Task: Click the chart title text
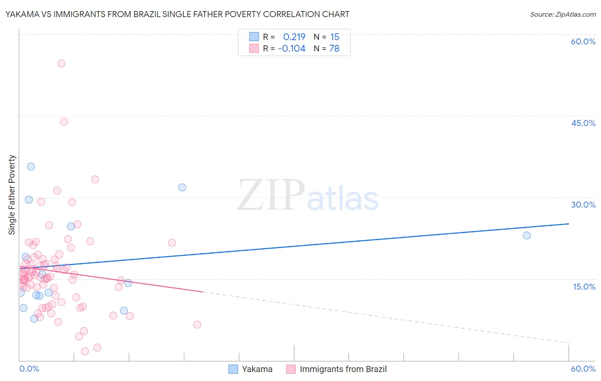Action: pos(177,15)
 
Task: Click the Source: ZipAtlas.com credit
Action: pos(563,15)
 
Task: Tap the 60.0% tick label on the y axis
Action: pos(583,41)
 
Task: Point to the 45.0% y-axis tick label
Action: pos(583,123)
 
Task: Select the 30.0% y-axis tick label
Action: pos(583,205)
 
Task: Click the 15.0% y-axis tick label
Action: pos(584,287)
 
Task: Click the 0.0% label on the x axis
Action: pos(29,369)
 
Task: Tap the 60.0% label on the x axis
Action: pos(583,369)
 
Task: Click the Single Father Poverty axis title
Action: pos(12,195)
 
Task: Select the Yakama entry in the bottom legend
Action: pos(250,369)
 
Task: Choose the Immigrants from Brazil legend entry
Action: pos(337,369)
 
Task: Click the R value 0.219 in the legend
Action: pos(294,37)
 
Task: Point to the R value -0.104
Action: pos(292,49)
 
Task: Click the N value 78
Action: pos(334,49)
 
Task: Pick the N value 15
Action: pos(335,37)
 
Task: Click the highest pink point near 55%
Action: pos(61,64)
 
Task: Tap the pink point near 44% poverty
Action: pos(64,122)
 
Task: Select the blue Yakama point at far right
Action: pos(527,235)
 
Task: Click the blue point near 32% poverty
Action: pos(182,188)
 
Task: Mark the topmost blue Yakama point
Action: pos(31,167)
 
